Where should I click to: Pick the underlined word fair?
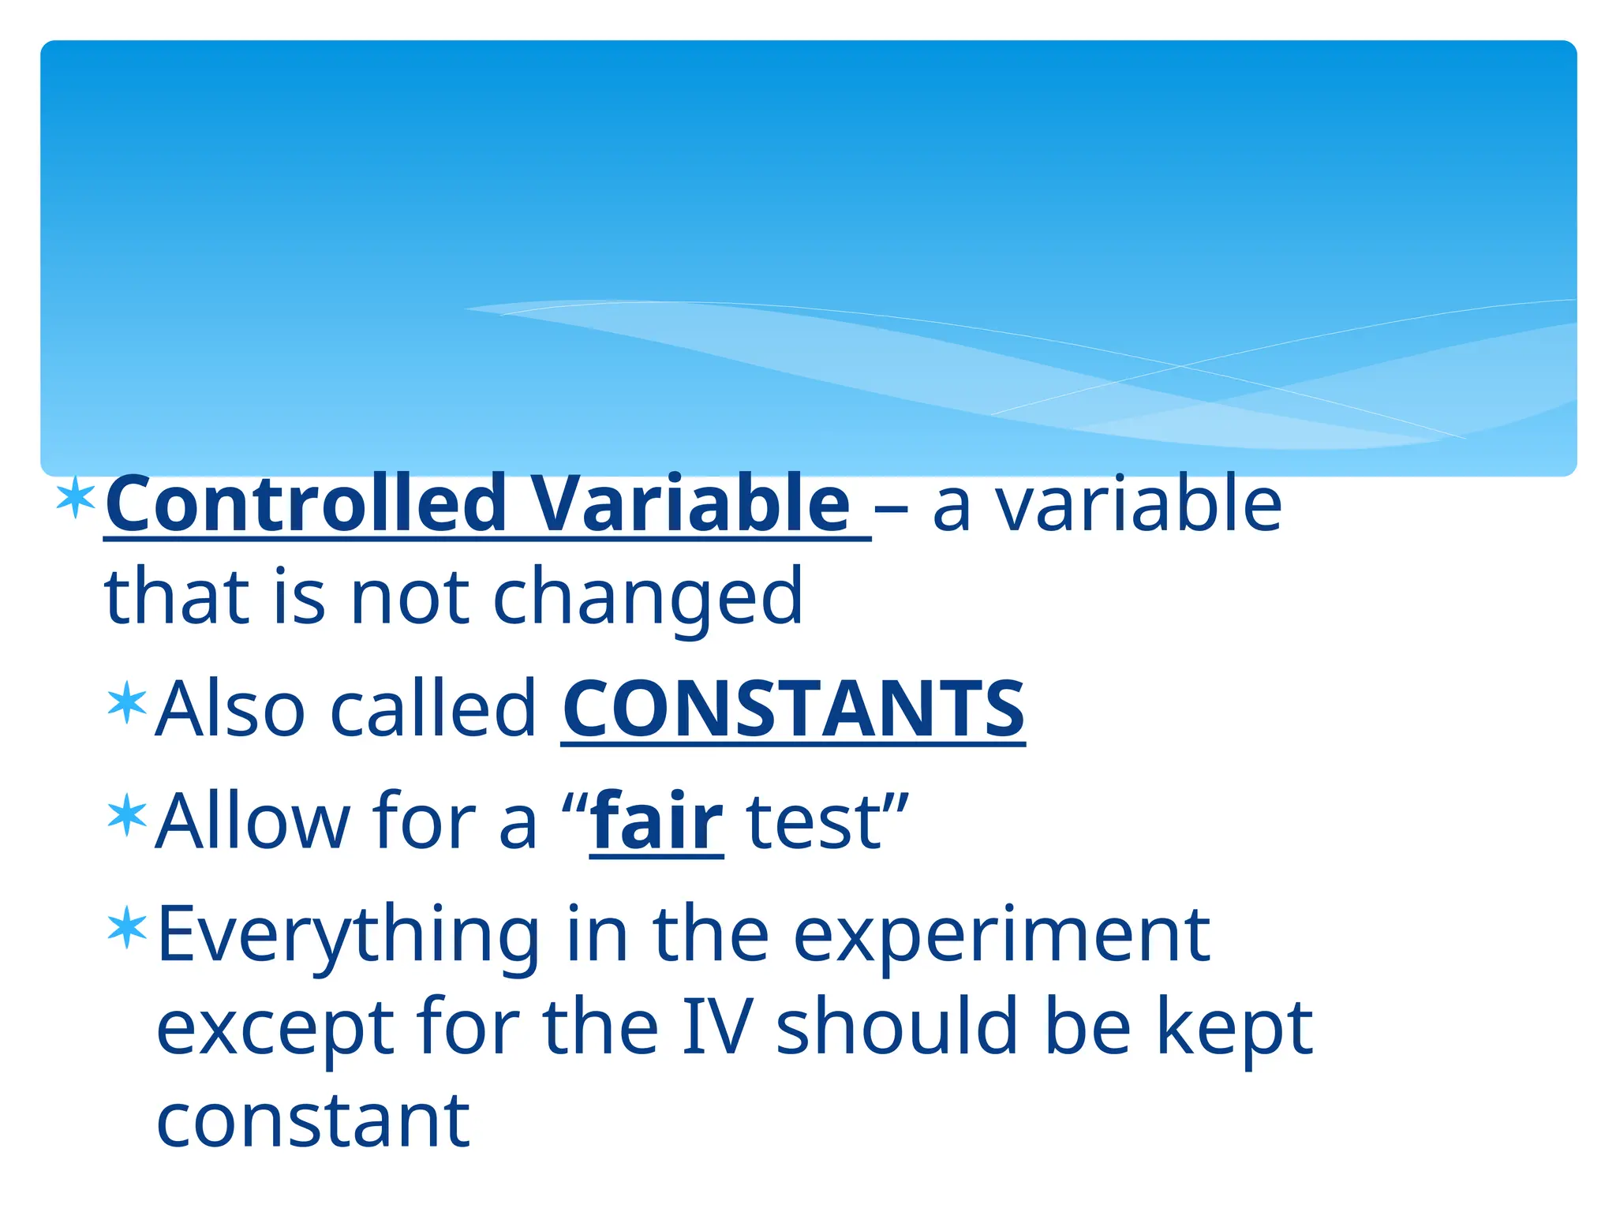pos(656,822)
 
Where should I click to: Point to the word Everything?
pos(348,936)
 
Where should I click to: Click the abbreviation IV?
pos(717,1027)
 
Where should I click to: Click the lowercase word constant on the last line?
pos(313,1120)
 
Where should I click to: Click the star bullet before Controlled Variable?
pos(76,497)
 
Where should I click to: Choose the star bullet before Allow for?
pos(127,816)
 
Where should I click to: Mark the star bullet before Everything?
pos(127,928)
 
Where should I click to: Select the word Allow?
pos(252,822)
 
